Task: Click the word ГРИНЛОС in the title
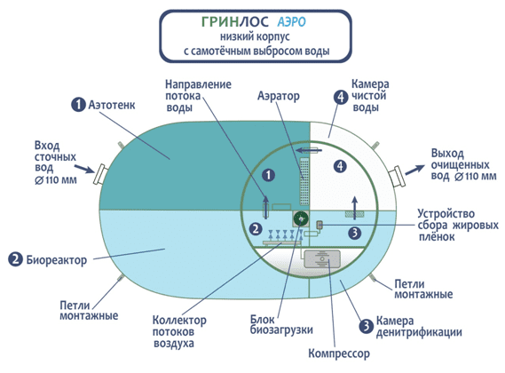point(235,21)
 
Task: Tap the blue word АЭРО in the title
point(291,22)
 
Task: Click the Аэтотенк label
point(112,105)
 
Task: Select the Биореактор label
point(57,260)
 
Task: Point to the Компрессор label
point(339,353)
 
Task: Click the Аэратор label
point(279,96)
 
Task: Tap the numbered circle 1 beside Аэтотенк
point(78,105)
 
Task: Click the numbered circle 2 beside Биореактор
point(15,259)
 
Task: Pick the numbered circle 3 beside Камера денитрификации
point(367,326)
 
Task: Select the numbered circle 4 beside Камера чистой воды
point(341,97)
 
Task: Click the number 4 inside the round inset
point(340,166)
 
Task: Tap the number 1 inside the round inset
point(268,175)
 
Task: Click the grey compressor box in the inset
point(322,258)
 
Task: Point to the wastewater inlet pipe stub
point(100,174)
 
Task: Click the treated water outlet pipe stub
point(397,176)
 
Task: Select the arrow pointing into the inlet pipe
point(84,169)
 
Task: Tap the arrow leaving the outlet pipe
point(414,170)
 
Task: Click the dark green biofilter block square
point(301,219)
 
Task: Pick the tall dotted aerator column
point(304,181)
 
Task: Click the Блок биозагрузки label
point(281,325)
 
